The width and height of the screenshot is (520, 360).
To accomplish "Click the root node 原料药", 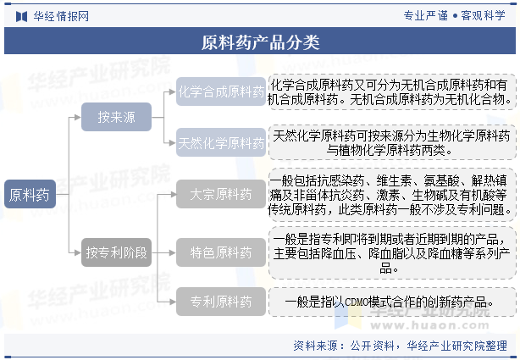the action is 30,194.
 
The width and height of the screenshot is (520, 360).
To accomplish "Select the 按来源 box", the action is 116,117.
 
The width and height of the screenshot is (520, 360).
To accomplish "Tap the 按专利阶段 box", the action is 116,252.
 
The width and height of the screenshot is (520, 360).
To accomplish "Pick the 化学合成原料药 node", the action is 221,91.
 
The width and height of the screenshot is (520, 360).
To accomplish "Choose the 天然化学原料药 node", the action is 221,142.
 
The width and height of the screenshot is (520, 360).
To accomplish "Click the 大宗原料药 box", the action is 221,194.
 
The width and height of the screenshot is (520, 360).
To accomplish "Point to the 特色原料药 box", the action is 221,252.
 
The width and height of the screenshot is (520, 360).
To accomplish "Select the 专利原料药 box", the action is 221,302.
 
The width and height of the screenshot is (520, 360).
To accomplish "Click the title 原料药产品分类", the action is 260,42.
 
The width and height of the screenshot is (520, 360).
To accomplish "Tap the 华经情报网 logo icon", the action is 21,16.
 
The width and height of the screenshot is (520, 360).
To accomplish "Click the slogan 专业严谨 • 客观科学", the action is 454,15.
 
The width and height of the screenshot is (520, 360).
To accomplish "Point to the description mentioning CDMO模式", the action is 392,302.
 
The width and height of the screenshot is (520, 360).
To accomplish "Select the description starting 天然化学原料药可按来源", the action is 392,142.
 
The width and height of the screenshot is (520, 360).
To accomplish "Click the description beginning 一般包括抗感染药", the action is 392,195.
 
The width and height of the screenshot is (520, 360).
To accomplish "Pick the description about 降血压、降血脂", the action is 392,252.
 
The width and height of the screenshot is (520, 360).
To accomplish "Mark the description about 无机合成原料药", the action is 392,92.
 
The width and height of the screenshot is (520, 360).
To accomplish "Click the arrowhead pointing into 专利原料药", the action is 173,302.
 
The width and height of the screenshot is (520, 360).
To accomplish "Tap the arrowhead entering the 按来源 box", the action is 78,117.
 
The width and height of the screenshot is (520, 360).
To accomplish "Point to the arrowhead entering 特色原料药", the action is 173,252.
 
